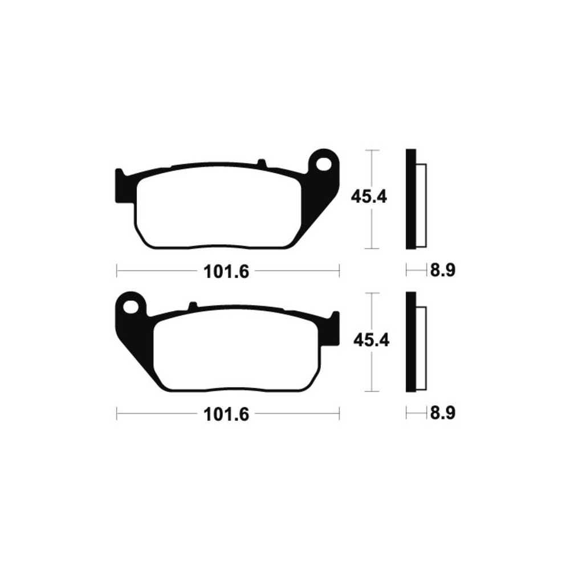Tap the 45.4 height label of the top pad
tap(369, 197)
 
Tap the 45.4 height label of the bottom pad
tap(371, 341)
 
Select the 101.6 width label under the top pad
tap(226, 271)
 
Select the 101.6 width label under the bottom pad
tap(226, 414)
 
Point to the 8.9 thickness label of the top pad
tap(443, 270)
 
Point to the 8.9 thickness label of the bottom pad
tap(443, 413)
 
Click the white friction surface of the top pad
tap(218, 211)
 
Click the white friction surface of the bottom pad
tap(237, 354)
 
